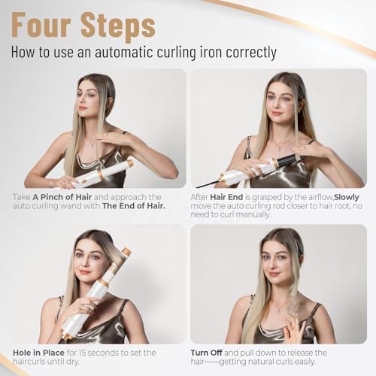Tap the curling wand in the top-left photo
[x=102, y=173]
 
